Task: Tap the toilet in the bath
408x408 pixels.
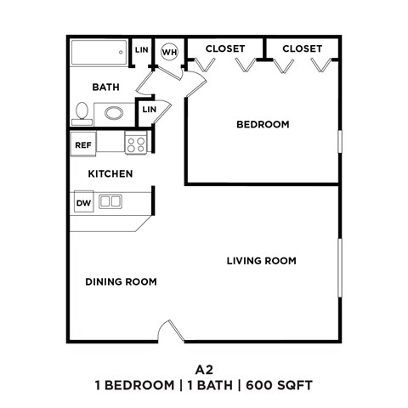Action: (82, 111)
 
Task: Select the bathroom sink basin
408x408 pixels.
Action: (113, 111)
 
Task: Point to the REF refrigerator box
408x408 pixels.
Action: (83, 144)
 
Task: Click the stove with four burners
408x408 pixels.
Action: (136, 144)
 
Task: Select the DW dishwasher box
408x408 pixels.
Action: (83, 202)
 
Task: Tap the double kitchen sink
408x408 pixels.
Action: (110, 201)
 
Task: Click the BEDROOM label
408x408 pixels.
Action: (263, 125)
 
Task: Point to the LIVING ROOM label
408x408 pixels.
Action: (262, 261)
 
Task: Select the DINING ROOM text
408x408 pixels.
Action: (121, 281)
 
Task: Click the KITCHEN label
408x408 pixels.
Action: (110, 174)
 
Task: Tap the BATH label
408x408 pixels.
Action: (105, 88)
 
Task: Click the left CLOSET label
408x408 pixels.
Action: (225, 48)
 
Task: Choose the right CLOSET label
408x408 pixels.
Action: (303, 48)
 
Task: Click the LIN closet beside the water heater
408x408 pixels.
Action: (141, 50)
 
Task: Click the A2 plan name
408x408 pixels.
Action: (203, 370)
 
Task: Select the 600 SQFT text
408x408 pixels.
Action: (280, 386)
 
